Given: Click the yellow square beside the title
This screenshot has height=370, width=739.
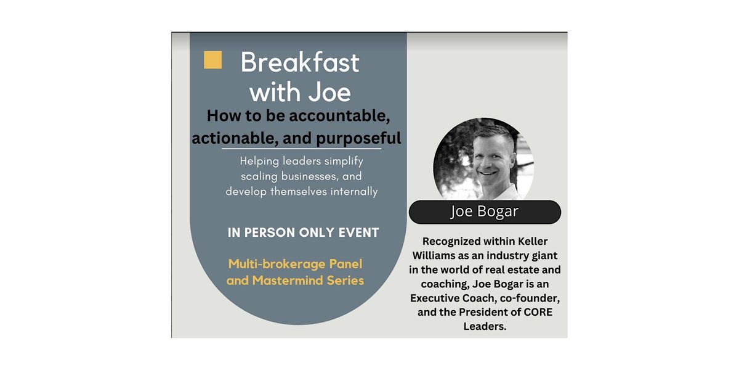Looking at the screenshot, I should (212, 60).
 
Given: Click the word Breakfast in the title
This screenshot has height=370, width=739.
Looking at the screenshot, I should (299, 62).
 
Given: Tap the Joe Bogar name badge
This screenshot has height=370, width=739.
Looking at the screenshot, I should (485, 212).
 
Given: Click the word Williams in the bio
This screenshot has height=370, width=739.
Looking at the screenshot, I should (437, 255).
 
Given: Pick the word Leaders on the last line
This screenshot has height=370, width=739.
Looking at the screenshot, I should (484, 326).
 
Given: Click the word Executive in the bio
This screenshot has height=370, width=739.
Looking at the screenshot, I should (438, 298).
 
